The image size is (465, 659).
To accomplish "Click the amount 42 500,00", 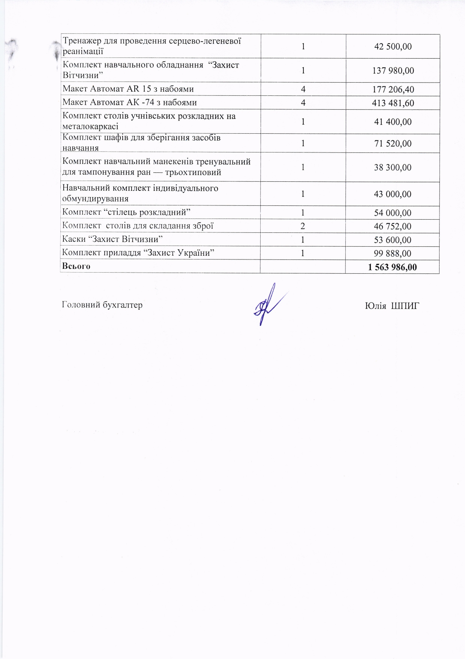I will click(x=393, y=47).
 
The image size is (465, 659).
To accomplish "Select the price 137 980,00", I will click(x=393, y=71).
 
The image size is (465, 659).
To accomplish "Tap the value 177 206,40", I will click(x=393, y=89).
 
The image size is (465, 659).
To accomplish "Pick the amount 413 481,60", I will click(x=393, y=103).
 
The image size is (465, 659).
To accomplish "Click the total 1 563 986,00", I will click(x=392, y=267).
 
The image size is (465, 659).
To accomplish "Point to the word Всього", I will click(x=76, y=266).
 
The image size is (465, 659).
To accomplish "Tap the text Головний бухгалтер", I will click(x=102, y=305).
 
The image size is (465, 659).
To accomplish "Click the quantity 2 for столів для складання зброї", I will click(x=303, y=226).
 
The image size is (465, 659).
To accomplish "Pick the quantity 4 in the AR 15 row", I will click(x=303, y=89).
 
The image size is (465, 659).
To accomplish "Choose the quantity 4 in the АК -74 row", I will click(x=303, y=103).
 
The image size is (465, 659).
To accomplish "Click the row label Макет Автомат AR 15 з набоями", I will click(x=128, y=89).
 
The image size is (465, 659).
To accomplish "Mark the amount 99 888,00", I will click(x=393, y=253).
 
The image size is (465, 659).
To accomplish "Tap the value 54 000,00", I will click(x=393, y=213).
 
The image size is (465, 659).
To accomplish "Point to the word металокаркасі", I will click(x=90, y=127).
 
